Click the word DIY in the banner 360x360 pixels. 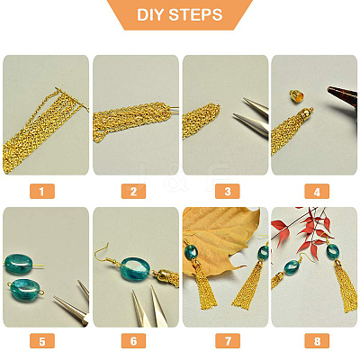150,14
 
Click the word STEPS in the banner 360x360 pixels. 195,14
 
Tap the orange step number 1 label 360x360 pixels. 42,191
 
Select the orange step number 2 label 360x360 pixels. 133,191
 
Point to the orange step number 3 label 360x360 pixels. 228,191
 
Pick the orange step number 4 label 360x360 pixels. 317,191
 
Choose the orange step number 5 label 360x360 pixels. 42,341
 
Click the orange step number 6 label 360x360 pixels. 133,341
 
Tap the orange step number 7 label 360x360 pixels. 228,341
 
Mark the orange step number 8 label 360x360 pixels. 317,341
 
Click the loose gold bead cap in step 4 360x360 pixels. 296,94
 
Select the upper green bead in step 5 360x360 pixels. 19,264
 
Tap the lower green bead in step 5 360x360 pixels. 25,290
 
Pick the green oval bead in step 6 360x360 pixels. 135,269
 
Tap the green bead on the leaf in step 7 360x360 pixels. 191,253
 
